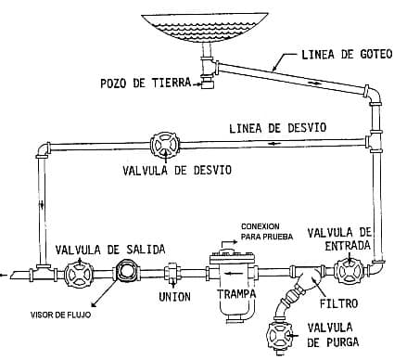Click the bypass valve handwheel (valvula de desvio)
click(x=165, y=145)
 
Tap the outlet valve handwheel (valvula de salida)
click(x=79, y=274)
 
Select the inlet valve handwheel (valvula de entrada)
click(x=350, y=271)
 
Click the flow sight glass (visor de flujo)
click(x=126, y=271)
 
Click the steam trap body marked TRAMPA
click(x=233, y=285)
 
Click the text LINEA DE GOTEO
click(x=347, y=55)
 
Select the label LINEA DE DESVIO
click(x=277, y=128)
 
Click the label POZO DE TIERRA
click(x=146, y=83)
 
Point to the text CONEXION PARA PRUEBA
click(x=266, y=231)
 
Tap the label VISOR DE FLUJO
click(x=61, y=315)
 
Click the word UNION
click(x=174, y=297)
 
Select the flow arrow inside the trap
click(x=230, y=274)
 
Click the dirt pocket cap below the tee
click(x=207, y=84)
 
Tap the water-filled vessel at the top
click(x=205, y=27)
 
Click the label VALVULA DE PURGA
click(x=334, y=335)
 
